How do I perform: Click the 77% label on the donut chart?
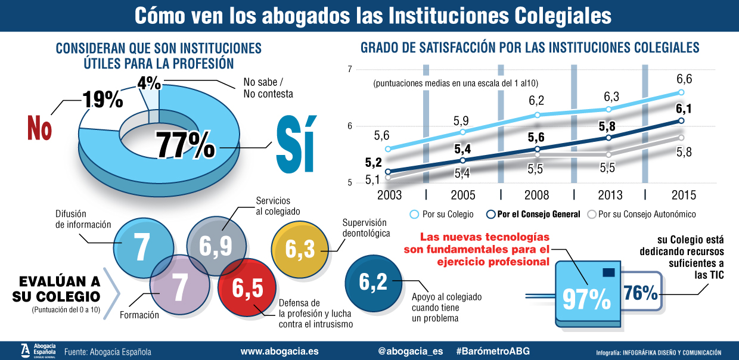(x=185, y=145)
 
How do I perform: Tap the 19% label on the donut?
(x=103, y=99)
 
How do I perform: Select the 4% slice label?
(x=148, y=82)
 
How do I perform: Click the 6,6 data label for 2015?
(x=684, y=79)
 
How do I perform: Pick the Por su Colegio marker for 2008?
(x=537, y=115)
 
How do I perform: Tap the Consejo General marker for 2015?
(x=681, y=120)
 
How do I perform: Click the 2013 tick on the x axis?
(x=610, y=195)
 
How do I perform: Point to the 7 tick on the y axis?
(x=349, y=70)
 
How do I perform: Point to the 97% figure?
(x=587, y=298)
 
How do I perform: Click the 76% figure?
(x=641, y=293)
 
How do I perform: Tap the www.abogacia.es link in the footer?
(x=279, y=352)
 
